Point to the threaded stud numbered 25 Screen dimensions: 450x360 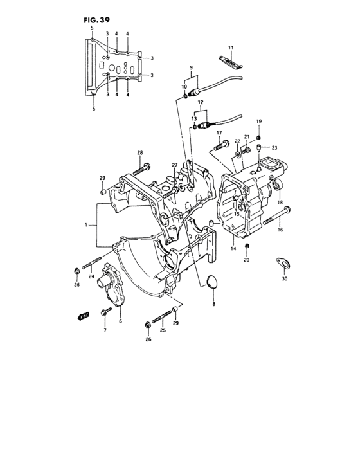[165, 316]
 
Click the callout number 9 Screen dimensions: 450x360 [190, 67]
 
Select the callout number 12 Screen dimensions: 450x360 [201, 103]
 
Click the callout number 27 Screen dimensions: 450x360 [174, 165]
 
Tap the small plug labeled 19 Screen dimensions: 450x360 [259, 136]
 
